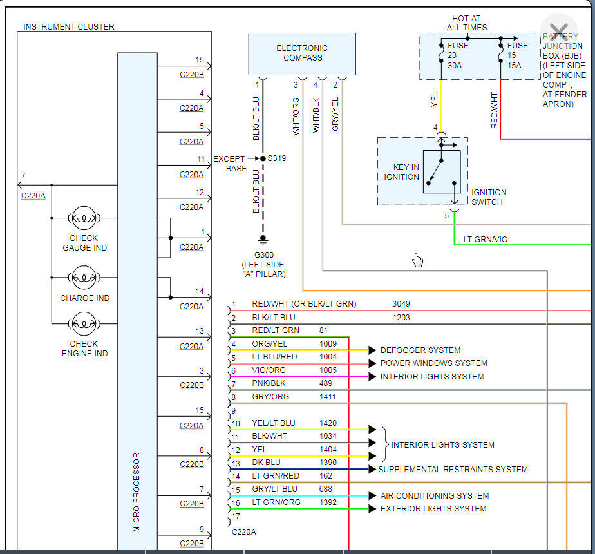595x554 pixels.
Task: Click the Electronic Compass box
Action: point(302,53)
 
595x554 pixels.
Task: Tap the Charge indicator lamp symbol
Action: point(84,278)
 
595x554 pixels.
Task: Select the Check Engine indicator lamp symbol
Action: point(84,323)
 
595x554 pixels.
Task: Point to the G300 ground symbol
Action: point(263,240)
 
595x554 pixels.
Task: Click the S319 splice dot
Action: point(263,158)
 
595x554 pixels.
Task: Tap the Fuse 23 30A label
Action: point(458,55)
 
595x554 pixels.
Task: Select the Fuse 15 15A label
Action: point(517,55)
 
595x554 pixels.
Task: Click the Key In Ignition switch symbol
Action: point(441,171)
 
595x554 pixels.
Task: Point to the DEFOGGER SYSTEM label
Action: point(420,350)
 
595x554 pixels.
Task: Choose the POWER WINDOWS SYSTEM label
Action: point(433,363)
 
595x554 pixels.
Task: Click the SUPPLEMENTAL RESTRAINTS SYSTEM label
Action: point(453,470)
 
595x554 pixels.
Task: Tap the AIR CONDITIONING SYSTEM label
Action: point(435,496)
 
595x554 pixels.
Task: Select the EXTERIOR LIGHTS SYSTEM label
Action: point(433,509)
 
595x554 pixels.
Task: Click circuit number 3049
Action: point(401,304)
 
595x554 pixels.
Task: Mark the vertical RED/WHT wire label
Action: point(495,110)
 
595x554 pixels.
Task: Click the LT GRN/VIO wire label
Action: point(486,240)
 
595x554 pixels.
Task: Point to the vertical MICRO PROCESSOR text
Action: point(137,492)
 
